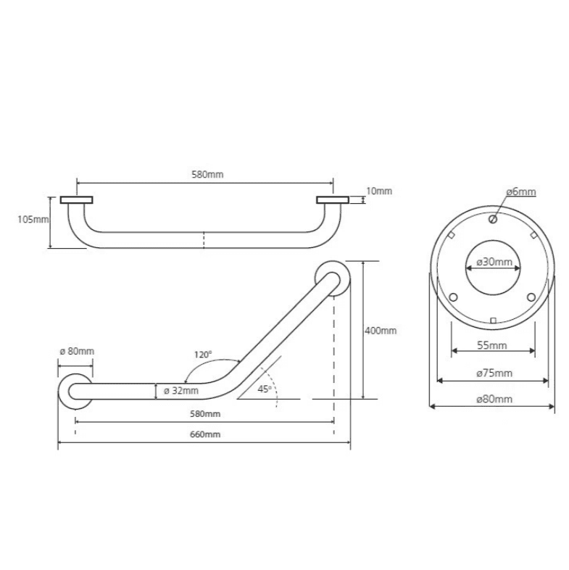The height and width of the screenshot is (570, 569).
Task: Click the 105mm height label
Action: [x=33, y=220]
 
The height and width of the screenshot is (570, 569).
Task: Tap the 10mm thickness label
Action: [x=379, y=191]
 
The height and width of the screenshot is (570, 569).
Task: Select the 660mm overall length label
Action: [x=205, y=434]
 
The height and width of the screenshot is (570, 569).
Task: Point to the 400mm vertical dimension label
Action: [x=381, y=331]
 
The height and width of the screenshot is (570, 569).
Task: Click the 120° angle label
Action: [x=203, y=355]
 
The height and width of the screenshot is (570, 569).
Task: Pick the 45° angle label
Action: [x=265, y=389]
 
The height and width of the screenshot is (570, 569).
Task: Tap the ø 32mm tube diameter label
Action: [x=181, y=391]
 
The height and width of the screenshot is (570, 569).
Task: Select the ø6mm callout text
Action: [x=521, y=191]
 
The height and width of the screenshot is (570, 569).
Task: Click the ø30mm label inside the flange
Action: [x=494, y=262]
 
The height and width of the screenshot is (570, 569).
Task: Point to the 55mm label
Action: [x=492, y=345]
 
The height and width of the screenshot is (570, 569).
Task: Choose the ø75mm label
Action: [x=494, y=373]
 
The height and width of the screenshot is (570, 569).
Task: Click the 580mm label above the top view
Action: [x=207, y=175]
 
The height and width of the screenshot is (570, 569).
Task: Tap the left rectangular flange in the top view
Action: [x=76, y=200]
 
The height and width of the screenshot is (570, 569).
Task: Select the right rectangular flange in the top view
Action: [x=333, y=200]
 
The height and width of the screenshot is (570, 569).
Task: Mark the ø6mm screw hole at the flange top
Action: [x=493, y=219]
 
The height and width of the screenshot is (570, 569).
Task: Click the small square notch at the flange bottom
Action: [x=493, y=321]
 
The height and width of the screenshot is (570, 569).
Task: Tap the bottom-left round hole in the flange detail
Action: [x=453, y=297]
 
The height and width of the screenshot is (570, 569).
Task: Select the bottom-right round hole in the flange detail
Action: [x=531, y=297]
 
